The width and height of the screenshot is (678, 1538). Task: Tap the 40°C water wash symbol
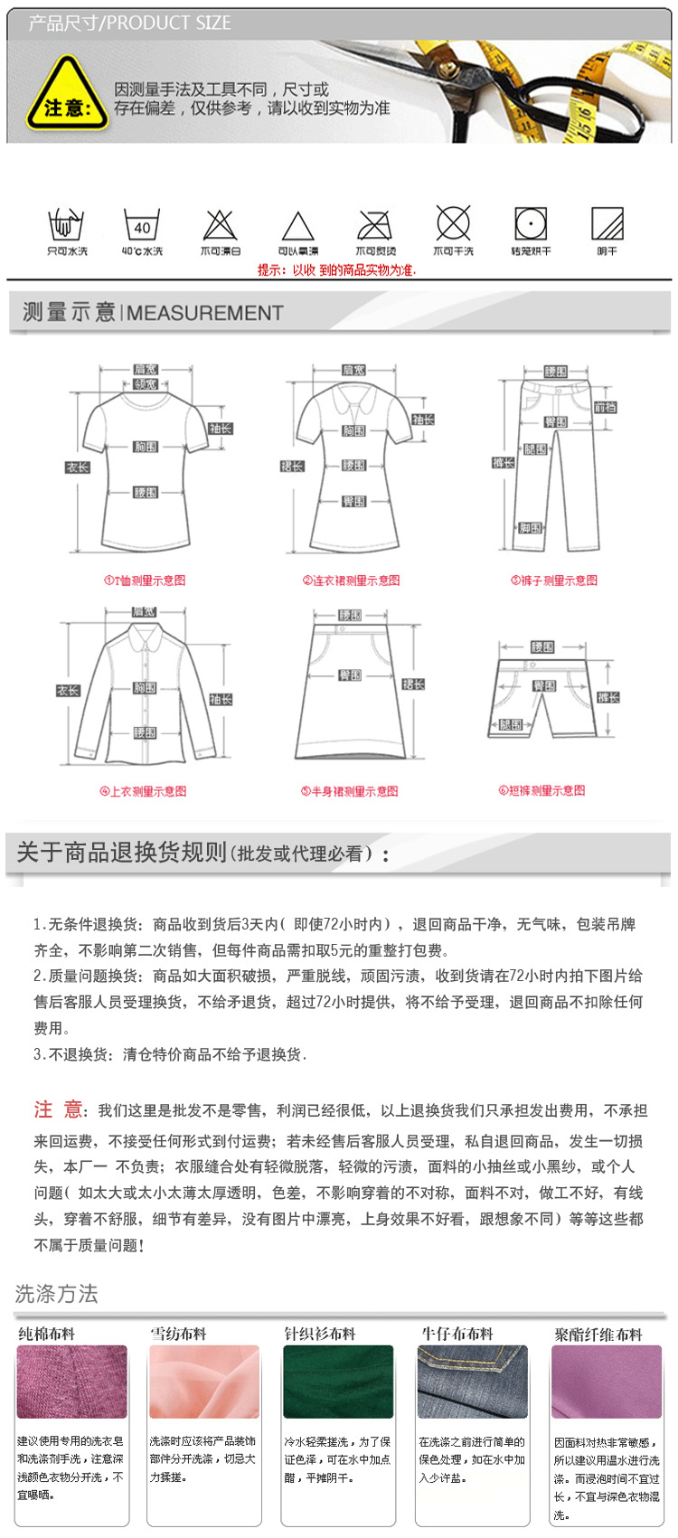[142, 225]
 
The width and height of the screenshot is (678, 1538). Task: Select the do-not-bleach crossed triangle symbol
[220, 225]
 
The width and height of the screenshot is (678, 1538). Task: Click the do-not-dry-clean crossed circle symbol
[453, 223]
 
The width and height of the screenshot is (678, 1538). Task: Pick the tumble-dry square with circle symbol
[531, 223]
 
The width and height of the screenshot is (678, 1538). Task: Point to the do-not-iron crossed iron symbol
[375, 225]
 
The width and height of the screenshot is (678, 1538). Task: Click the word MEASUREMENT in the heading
[205, 313]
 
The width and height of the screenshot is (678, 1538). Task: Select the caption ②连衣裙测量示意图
[351, 580]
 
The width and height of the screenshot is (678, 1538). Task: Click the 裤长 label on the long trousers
[504, 463]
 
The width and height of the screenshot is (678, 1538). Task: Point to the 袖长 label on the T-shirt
[221, 429]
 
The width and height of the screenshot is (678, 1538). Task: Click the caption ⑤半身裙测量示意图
[349, 791]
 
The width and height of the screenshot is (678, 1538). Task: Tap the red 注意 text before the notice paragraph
[58, 1110]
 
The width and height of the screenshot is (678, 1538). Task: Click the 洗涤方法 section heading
[56, 1294]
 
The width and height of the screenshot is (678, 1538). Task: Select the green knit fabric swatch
[338, 1382]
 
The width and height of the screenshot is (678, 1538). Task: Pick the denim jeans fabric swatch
[472, 1382]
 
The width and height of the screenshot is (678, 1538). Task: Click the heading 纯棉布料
[47, 1334]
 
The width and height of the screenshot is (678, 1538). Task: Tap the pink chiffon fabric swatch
[204, 1382]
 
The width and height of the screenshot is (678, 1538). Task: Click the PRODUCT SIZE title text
[169, 23]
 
